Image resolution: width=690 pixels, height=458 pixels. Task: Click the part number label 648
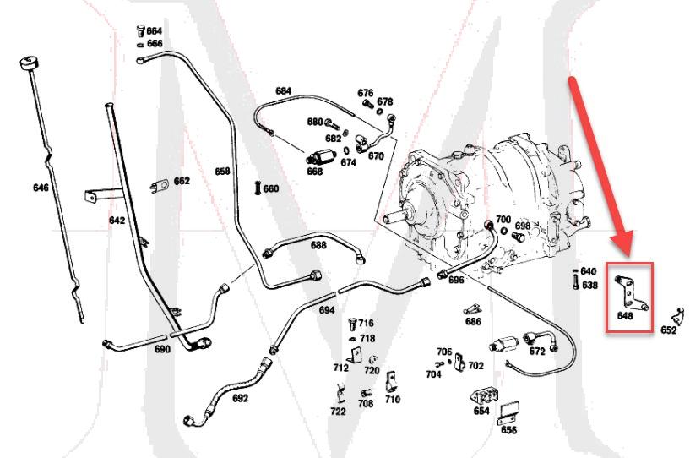click(x=625, y=316)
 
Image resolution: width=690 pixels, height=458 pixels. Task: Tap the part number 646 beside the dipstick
click(x=41, y=188)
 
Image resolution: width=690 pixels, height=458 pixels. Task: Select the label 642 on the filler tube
click(x=117, y=221)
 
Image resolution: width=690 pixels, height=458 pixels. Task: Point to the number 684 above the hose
click(x=283, y=90)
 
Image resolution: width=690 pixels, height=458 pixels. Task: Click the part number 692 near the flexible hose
click(x=240, y=398)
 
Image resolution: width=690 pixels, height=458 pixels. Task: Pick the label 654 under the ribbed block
click(x=481, y=411)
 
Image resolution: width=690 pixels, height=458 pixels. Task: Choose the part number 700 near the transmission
click(x=503, y=220)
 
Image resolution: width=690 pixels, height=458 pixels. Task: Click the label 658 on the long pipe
click(x=222, y=172)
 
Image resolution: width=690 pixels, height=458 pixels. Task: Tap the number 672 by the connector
click(x=536, y=351)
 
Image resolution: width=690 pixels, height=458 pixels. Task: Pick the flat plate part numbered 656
click(x=508, y=413)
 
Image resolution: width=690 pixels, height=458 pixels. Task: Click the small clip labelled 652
click(x=677, y=315)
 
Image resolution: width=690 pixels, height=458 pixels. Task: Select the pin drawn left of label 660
click(x=254, y=188)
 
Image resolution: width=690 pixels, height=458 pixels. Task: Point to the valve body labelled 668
click(x=321, y=156)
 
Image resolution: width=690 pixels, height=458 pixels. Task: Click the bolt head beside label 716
click(x=350, y=323)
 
